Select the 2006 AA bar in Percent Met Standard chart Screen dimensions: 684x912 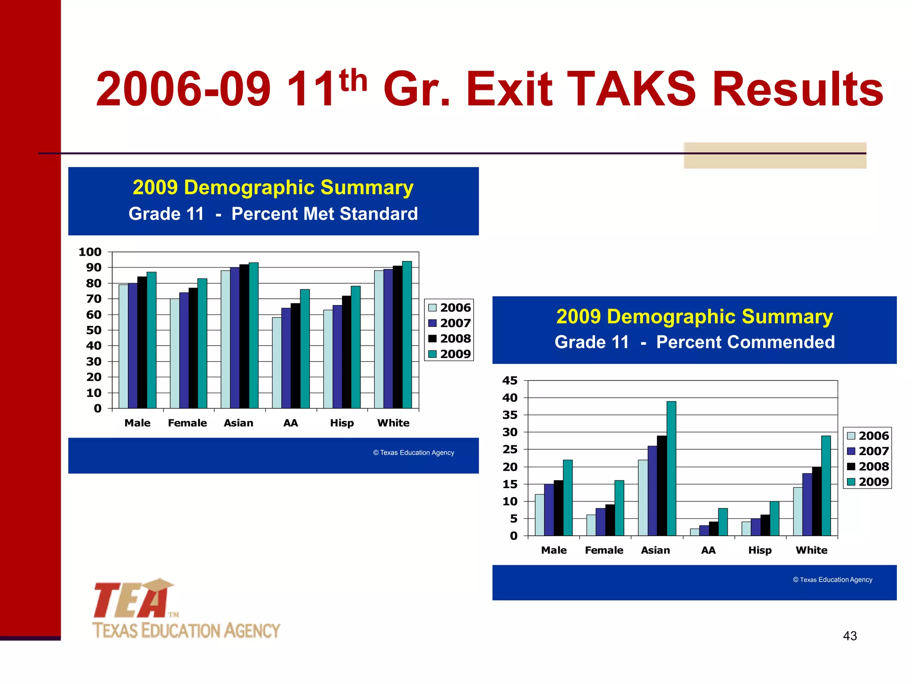tap(277, 363)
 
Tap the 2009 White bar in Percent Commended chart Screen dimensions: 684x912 tap(826, 485)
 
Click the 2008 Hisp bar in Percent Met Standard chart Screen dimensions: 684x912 tap(346, 352)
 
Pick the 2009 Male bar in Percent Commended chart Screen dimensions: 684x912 tap(568, 497)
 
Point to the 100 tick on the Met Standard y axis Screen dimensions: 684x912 tap(90, 252)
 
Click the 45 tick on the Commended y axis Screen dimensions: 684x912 tap(510, 381)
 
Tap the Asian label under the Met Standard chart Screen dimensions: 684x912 tap(238, 423)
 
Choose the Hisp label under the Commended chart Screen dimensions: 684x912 tap(760, 550)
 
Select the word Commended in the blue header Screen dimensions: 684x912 tap(745, 342)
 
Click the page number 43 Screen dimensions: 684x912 tap(850, 636)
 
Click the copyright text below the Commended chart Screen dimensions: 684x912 tap(832, 580)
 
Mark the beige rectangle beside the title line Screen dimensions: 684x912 tap(775, 155)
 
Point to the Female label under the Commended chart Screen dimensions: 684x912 tap(604, 550)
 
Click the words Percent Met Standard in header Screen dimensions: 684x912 tap(324, 214)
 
